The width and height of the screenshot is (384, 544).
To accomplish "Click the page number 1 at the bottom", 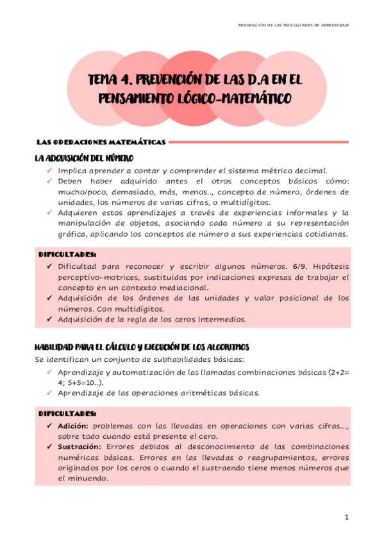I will tap(346, 517).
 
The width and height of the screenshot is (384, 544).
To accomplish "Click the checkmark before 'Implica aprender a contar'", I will tap(49, 171).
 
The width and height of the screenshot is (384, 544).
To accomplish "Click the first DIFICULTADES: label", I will tap(68, 254).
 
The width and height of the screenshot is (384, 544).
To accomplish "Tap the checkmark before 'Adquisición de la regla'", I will tap(49, 319).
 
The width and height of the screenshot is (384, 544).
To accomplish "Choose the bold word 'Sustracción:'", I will tap(79, 446).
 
